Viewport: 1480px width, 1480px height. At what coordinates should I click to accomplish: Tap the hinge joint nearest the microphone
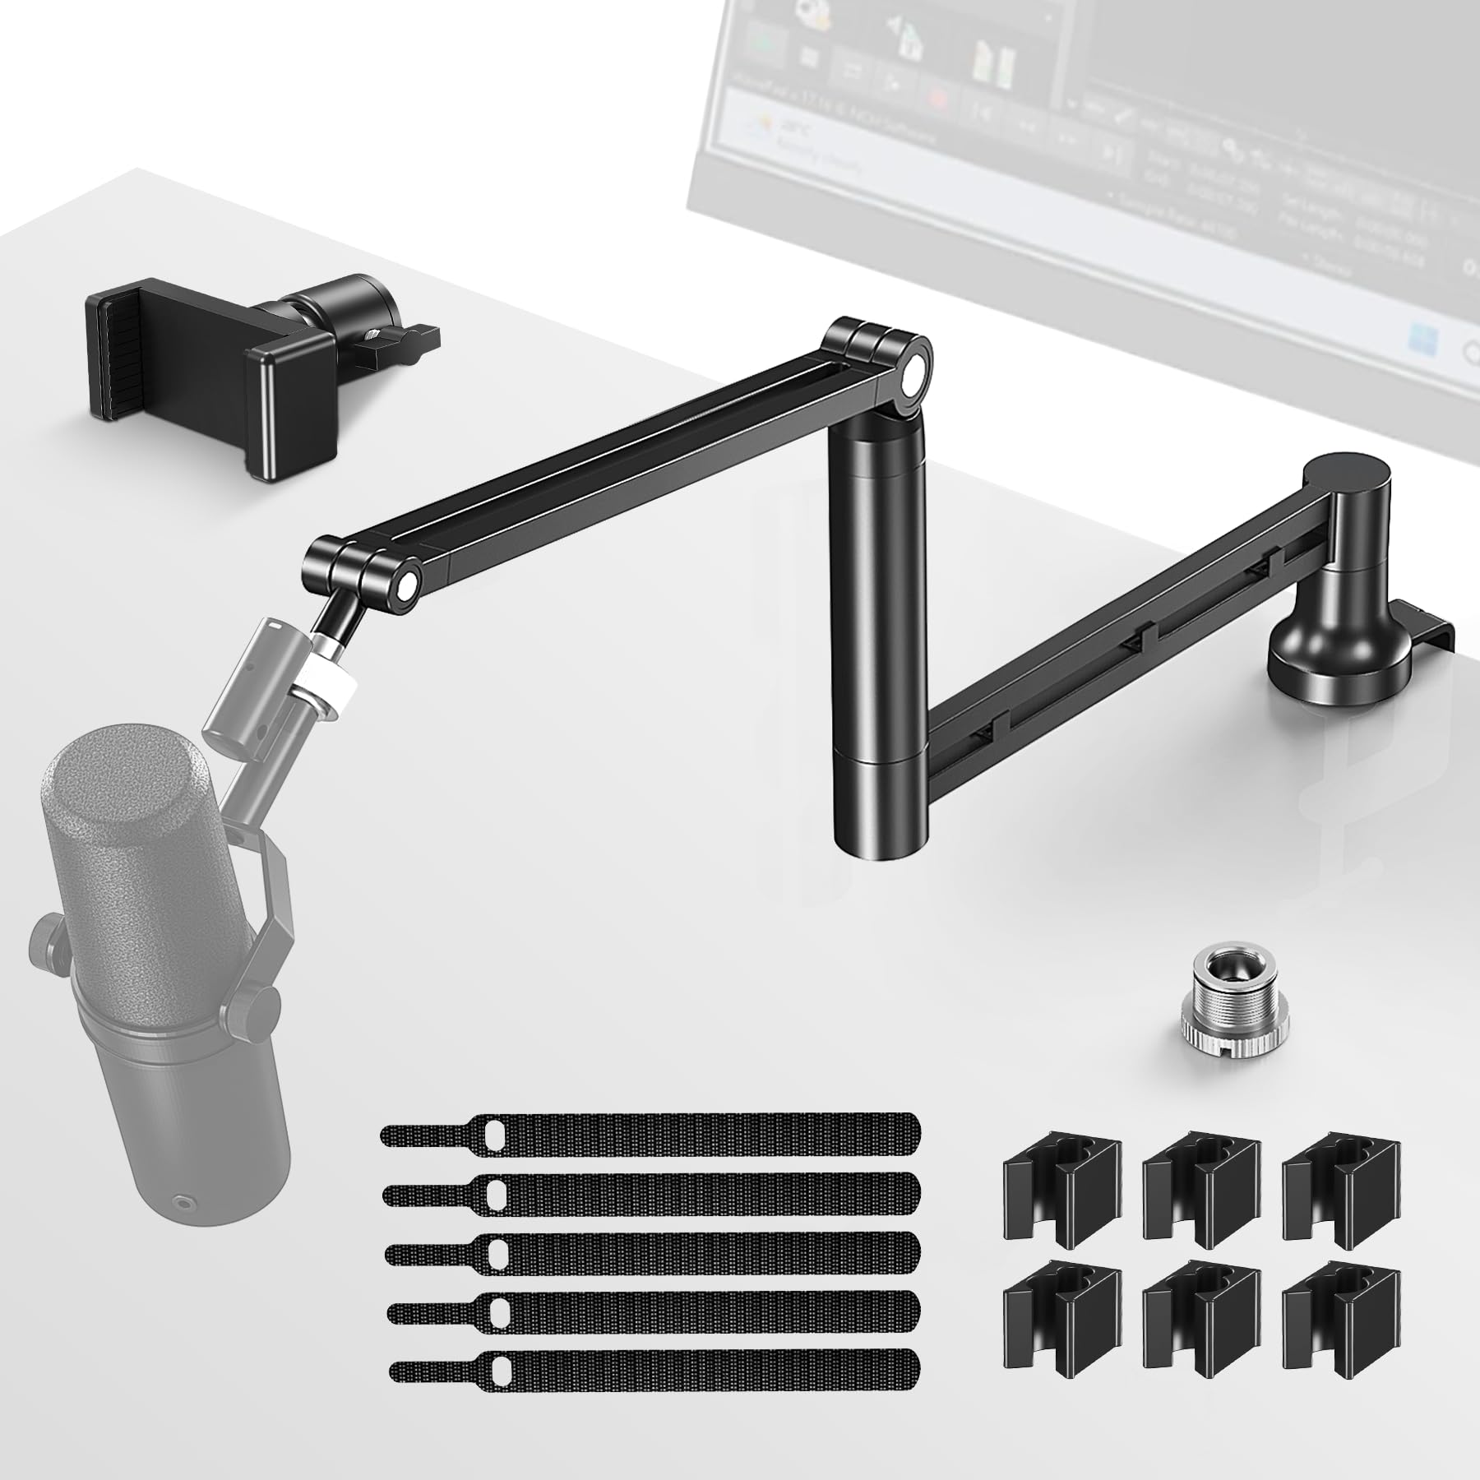(362, 567)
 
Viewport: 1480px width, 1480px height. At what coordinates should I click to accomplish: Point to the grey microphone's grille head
(123, 814)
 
